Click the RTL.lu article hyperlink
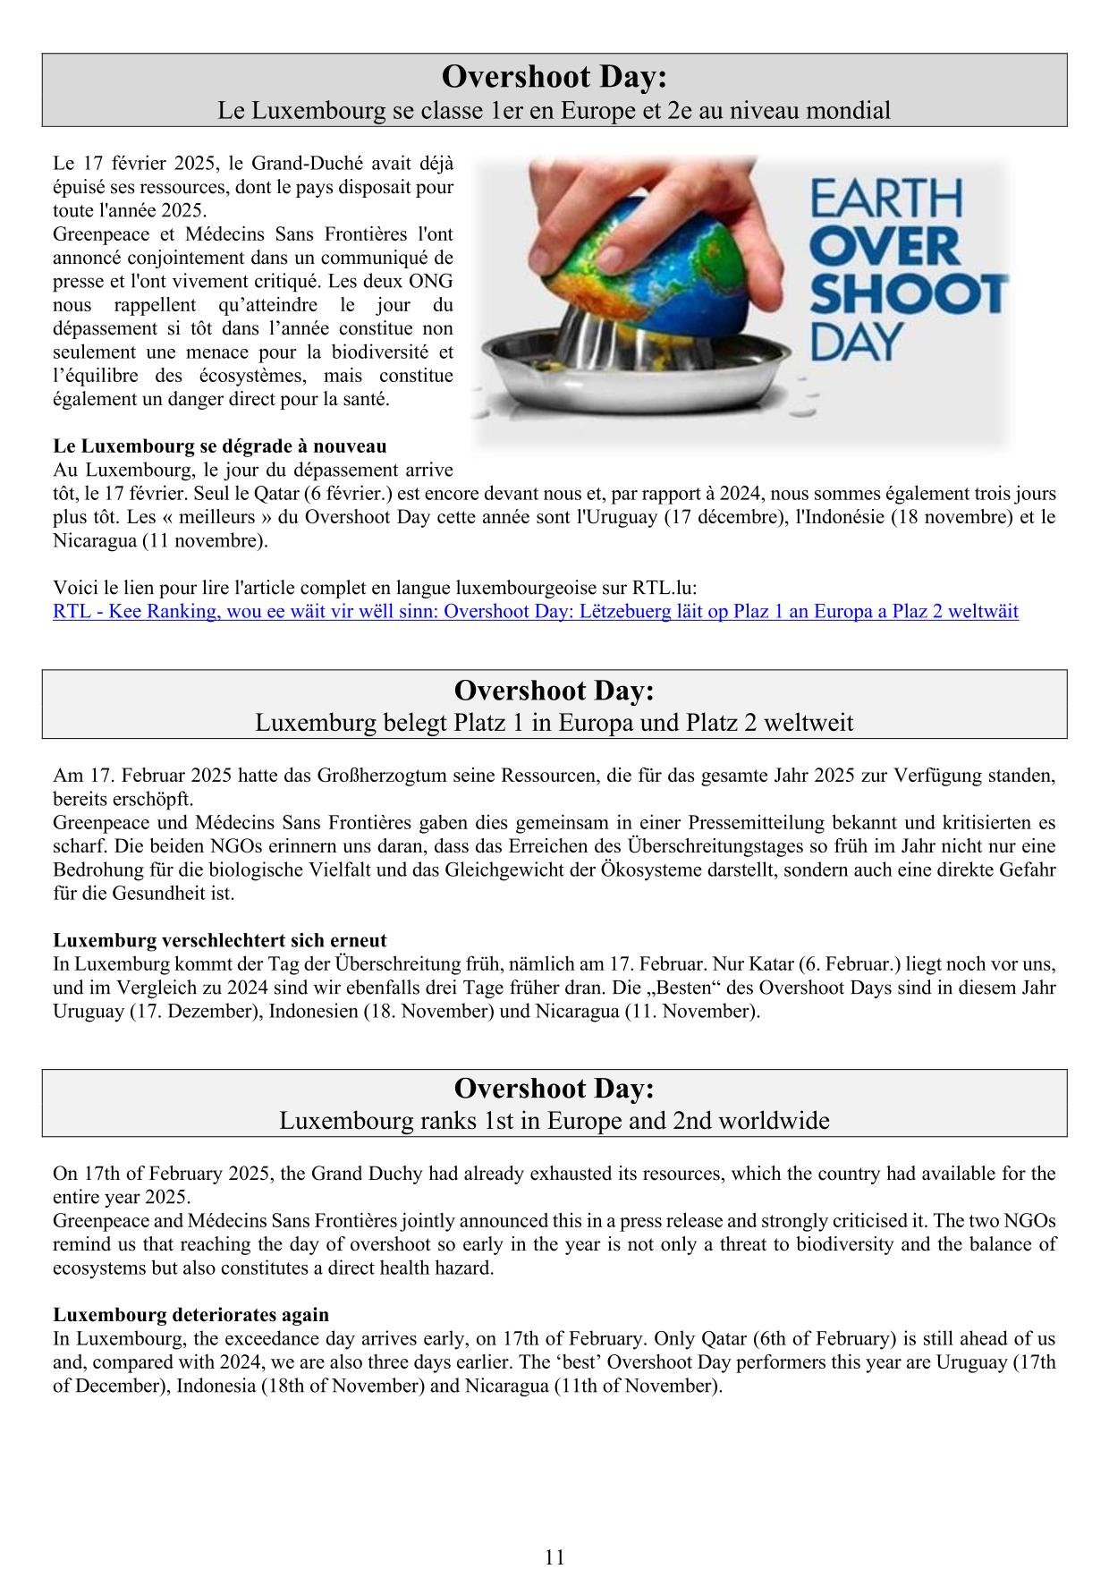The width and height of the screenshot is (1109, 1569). [535, 612]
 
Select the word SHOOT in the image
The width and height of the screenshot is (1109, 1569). [908, 293]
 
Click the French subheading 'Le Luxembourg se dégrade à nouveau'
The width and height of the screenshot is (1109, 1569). [220, 445]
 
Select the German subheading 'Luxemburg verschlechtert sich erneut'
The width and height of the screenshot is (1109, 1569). [220, 940]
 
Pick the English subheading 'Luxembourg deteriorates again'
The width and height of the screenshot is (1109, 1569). [191, 1315]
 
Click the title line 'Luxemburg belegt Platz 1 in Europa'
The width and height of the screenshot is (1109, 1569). [554, 722]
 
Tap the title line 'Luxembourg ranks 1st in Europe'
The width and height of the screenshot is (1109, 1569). [554, 1120]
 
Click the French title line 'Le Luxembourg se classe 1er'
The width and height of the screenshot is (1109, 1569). [554, 111]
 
